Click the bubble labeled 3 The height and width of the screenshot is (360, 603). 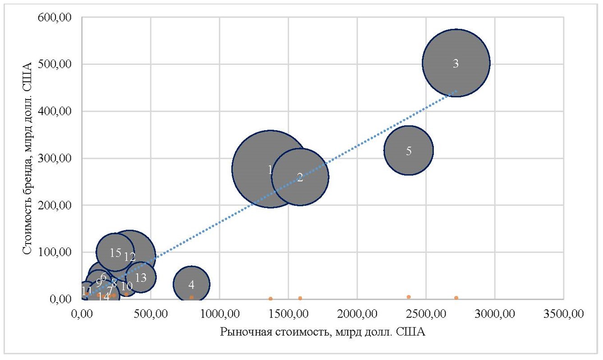(x=456, y=63)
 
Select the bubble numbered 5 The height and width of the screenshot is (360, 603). (x=409, y=150)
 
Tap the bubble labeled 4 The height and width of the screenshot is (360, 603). (x=192, y=284)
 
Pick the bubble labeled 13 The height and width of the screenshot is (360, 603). (x=141, y=277)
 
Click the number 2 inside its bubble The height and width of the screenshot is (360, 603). (x=300, y=177)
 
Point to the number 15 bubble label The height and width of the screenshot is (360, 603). (x=115, y=253)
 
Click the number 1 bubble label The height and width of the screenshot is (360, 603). (x=270, y=170)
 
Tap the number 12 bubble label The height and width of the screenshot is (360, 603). (x=130, y=257)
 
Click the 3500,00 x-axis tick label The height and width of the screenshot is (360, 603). (x=563, y=313)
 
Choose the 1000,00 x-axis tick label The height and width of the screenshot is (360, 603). (x=219, y=313)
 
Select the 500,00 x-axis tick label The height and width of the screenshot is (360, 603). (x=151, y=313)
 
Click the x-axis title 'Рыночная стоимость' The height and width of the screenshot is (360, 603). (x=322, y=332)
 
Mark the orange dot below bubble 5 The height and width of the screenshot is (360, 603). (x=409, y=297)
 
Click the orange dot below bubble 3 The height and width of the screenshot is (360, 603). (x=456, y=298)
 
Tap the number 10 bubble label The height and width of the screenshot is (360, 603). (x=127, y=286)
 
